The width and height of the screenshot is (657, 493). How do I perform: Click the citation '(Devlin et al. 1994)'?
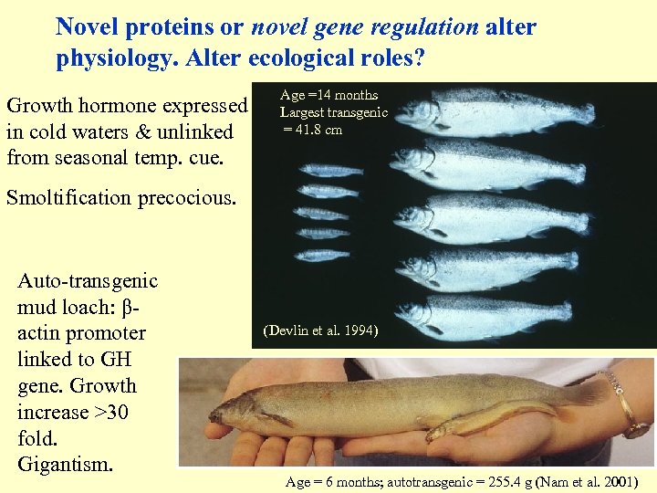(x=318, y=330)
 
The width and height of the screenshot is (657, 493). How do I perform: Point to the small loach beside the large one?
(x=493, y=422)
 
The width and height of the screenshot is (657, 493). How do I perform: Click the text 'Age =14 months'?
(x=328, y=95)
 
